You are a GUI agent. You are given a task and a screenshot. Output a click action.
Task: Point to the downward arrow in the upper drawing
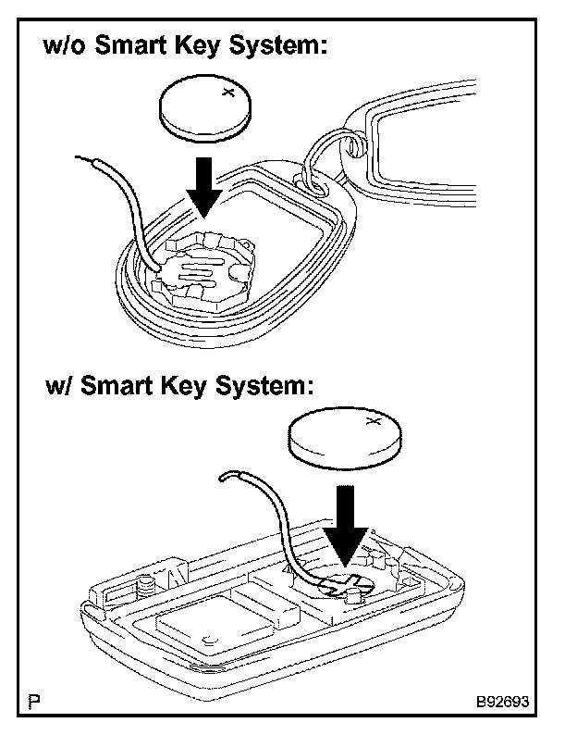point(204,185)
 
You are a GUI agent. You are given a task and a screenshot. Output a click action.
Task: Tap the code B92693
point(503,703)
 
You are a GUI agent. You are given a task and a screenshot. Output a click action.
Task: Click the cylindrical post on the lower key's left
point(145,587)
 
